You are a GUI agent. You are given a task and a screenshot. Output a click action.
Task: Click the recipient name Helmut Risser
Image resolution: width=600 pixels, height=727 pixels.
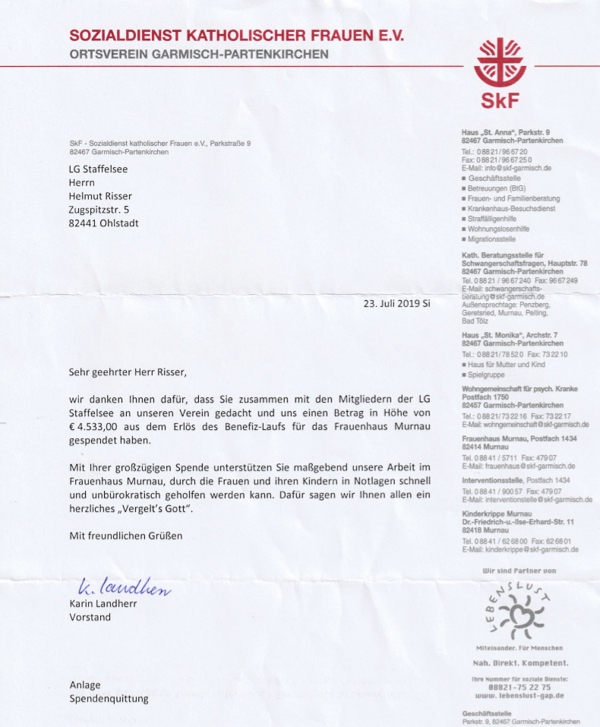coord(106,196)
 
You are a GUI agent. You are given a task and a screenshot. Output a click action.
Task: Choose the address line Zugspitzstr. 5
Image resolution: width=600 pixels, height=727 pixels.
coord(99,210)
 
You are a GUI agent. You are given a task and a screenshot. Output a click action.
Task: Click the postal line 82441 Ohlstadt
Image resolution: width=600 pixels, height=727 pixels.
coord(104,223)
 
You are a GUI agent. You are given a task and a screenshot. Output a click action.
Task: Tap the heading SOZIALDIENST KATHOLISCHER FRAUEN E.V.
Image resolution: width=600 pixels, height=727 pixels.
coord(237,36)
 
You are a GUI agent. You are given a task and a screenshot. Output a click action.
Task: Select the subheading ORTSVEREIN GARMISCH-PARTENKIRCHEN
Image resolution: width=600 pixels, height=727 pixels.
coord(199,55)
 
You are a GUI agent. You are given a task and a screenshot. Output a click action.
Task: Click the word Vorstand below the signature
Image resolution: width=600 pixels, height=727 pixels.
coord(90,617)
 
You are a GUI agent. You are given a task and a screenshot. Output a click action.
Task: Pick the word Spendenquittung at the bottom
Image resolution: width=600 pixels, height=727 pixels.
coord(109,697)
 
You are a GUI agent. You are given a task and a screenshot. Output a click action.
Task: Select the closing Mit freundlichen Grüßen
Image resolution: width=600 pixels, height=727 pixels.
coord(126,535)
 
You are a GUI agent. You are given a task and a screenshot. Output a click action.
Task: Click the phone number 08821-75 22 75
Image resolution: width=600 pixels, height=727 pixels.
coord(520,686)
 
